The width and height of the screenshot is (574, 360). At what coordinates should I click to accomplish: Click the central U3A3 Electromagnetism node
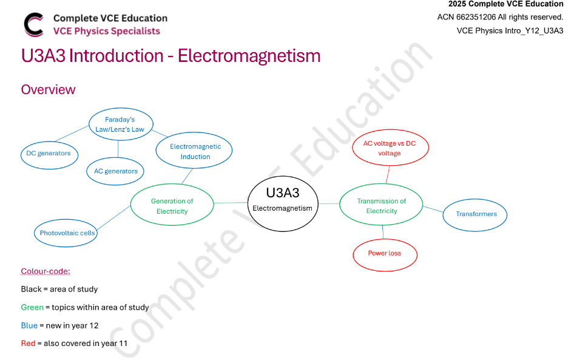[x=283, y=203]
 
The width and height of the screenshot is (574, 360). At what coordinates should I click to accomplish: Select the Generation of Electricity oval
[x=172, y=206]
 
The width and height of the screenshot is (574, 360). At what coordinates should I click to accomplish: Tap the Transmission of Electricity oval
[x=381, y=206]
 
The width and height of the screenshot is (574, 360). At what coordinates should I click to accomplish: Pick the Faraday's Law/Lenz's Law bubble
[x=120, y=124]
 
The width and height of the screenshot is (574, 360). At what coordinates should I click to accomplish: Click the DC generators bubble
[x=49, y=154]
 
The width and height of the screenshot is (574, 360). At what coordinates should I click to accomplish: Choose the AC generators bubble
[x=115, y=171]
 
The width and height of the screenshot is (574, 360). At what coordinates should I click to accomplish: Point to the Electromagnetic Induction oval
[x=194, y=151]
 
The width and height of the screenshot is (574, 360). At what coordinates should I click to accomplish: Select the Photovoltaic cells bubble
[x=67, y=233]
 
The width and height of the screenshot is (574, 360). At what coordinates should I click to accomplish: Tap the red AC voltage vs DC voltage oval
[x=390, y=148]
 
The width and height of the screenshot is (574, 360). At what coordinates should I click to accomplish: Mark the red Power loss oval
[x=385, y=254]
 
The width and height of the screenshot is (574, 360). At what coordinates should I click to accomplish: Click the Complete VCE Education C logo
[x=33, y=24]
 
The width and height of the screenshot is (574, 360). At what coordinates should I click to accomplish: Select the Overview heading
[x=49, y=90]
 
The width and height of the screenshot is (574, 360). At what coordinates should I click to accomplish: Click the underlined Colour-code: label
[x=46, y=271]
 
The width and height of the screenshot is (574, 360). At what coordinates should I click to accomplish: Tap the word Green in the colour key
[x=32, y=307]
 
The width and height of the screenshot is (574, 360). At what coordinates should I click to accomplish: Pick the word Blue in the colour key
[x=29, y=325]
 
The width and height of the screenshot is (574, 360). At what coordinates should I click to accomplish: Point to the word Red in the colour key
[x=28, y=344]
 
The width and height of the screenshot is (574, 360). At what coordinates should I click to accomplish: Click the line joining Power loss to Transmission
[x=383, y=233]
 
